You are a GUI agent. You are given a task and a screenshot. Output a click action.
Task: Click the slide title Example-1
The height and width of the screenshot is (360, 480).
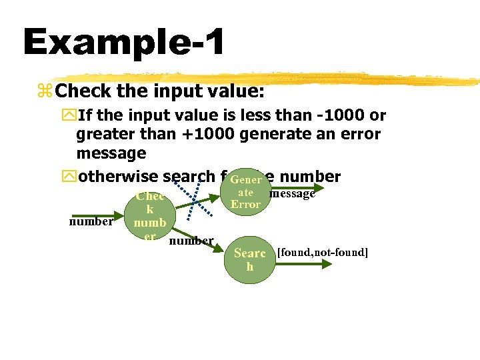pyautogui.click(x=123, y=42)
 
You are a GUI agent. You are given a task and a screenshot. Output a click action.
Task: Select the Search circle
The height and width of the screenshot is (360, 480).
pyautogui.click(x=250, y=259)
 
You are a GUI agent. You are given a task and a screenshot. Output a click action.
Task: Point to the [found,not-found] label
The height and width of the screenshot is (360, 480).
pyautogui.click(x=323, y=252)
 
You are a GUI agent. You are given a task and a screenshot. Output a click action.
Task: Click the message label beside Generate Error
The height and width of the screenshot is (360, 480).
pyautogui.click(x=291, y=194)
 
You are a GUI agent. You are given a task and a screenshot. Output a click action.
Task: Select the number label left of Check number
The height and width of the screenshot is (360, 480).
pyautogui.click(x=91, y=221)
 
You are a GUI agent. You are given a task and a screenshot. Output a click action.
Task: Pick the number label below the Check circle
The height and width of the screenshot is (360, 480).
pyautogui.click(x=191, y=240)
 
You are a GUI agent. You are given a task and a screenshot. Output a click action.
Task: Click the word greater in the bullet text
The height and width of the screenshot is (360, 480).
pyautogui.click(x=104, y=134)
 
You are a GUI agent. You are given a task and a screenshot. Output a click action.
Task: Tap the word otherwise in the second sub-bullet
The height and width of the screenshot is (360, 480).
pyautogui.click(x=119, y=177)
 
